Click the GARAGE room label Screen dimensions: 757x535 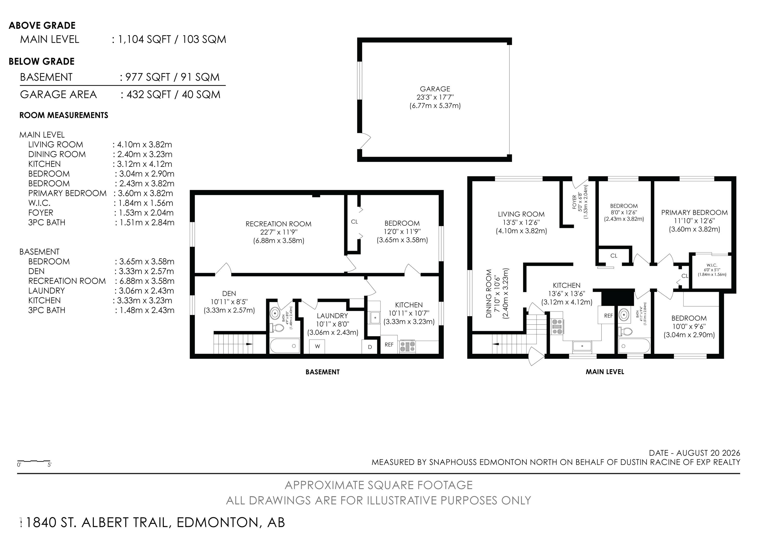tap(435, 89)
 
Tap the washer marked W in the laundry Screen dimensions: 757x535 tap(317, 346)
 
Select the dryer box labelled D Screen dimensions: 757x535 tap(370, 347)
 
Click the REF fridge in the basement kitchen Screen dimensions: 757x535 tap(389, 345)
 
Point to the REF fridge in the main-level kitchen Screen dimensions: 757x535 tap(608, 316)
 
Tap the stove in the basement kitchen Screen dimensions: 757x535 tap(408, 346)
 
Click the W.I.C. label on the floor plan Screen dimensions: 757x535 tap(712, 265)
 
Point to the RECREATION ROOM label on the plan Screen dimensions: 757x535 tap(279, 224)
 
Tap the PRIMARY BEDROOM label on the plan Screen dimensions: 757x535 tap(694, 213)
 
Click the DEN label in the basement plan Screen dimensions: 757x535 tap(229, 294)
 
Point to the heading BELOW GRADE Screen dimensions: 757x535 tap(42, 62)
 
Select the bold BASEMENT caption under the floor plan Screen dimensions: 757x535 tap(323, 372)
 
